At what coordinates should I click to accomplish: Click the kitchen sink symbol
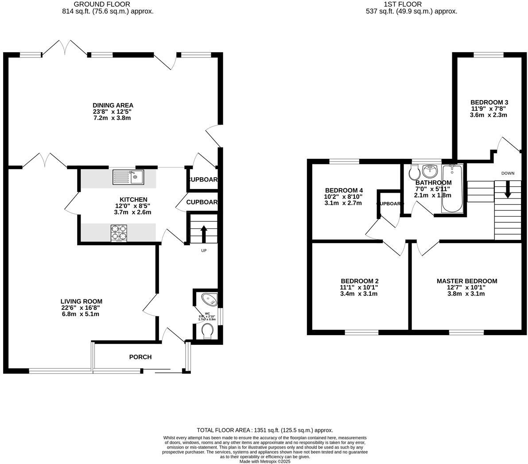click(x=128, y=177)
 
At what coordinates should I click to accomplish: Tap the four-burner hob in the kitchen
click(x=119, y=233)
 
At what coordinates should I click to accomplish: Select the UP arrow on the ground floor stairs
click(x=204, y=234)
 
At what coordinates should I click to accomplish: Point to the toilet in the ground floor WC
click(x=207, y=331)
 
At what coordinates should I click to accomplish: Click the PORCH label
click(x=140, y=357)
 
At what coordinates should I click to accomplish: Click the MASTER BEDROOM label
click(x=466, y=281)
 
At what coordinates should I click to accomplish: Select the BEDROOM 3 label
click(x=489, y=102)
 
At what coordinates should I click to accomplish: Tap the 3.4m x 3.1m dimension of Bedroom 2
click(x=359, y=294)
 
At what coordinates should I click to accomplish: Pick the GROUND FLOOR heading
click(x=108, y=4)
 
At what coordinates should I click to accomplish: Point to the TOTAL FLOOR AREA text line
click(x=264, y=430)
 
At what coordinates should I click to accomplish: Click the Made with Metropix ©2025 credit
click(x=264, y=461)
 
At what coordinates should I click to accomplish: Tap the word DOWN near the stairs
click(x=508, y=173)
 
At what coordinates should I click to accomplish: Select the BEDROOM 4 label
click(x=344, y=191)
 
